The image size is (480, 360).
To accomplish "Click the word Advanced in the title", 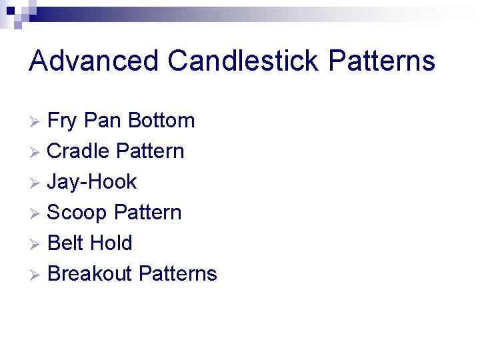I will [94, 61].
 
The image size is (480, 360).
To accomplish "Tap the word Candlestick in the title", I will [244, 61].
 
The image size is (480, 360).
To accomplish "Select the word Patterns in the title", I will [381, 61].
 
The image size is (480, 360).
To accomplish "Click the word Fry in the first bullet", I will [63, 121].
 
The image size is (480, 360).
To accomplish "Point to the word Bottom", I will [161, 121].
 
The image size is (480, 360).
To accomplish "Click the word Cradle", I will [79, 151].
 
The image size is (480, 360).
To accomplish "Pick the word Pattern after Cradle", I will [150, 151].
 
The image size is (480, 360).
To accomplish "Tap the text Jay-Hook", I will [92, 182].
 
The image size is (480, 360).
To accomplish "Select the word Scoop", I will [77, 213].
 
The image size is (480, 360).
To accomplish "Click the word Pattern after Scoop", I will [147, 213].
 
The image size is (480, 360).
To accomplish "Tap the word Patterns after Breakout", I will [177, 274].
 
